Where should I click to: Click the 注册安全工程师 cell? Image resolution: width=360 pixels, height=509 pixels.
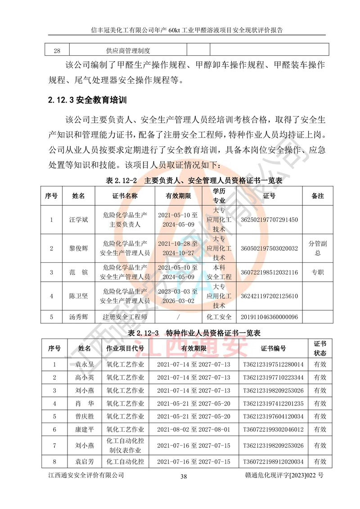click(125, 317)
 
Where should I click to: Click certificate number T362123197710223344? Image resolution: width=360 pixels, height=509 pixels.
click(273, 377)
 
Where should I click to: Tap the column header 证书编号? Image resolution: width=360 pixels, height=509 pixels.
click(273, 348)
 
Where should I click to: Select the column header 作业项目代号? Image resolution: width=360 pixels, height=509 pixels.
click(125, 348)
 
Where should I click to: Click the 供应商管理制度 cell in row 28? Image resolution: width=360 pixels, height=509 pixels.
click(128, 50)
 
